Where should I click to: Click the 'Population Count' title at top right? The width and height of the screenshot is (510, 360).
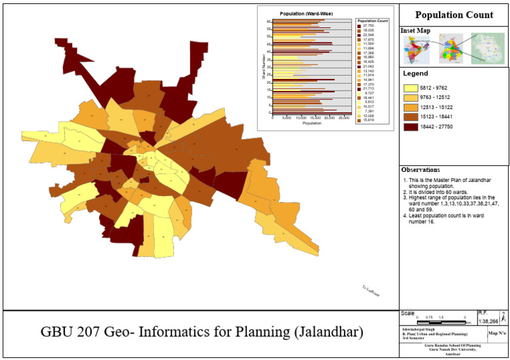[x=454, y=15]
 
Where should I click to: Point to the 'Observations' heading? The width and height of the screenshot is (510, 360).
[x=420, y=170]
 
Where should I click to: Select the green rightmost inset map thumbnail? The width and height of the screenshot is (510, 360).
[x=488, y=48]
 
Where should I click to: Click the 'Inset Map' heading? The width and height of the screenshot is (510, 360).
[x=416, y=31]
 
